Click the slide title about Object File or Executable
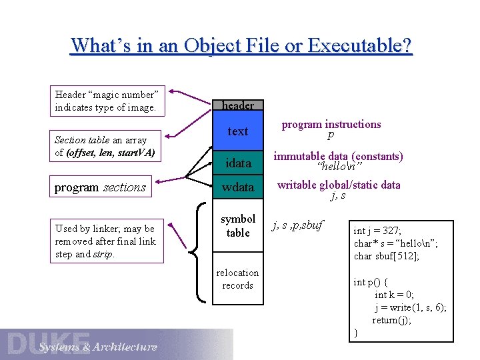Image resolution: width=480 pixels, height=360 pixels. pos(241,45)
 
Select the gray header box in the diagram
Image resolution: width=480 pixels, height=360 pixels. pos(238,105)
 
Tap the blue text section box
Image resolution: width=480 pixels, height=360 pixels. pos(238,131)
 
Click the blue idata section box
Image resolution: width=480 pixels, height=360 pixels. pos(238,163)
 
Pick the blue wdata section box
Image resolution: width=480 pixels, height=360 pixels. pos(238,187)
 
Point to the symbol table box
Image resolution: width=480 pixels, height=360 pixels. pos(238,226)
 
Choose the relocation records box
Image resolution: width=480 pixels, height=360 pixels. pos(238,279)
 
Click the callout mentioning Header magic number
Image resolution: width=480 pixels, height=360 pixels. pos(107,101)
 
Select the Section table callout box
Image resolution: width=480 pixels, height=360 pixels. pos(107,146)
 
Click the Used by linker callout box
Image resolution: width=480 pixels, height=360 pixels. pos(107,241)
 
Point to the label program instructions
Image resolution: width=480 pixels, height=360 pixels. pos(331,124)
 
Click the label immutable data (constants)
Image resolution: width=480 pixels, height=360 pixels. pos(339,156)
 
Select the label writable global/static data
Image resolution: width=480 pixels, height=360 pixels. pos(339,185)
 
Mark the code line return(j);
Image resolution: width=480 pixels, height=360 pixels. pos(392,319)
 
